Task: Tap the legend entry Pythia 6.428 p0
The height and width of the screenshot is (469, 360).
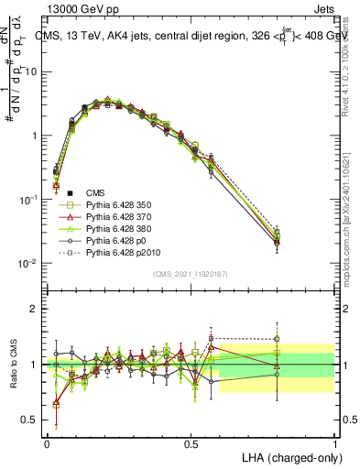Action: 115,250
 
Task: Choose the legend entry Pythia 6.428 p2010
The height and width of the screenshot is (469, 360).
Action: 121,265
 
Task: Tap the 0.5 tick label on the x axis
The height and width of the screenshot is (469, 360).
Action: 191,441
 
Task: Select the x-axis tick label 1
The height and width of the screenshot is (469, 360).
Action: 335,441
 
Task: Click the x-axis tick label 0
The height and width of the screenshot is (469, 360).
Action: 47,441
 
